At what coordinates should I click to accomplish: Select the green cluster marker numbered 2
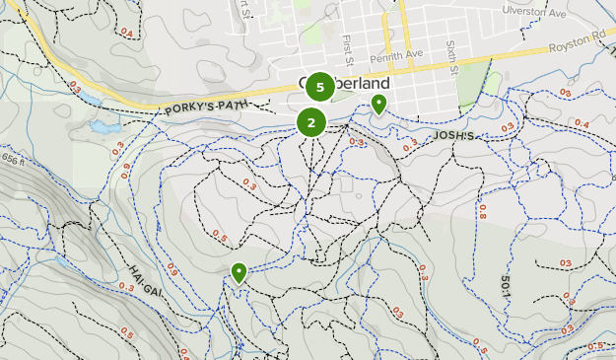[x=311, y=122]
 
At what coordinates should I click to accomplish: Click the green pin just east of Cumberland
[x=378, y=105]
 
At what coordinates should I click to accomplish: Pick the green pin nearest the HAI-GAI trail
[x=239, y=272]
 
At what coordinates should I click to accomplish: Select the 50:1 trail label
[x=505, y=287]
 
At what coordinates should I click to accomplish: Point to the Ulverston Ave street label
[x=536, y=13]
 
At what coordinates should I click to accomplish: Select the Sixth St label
[x=451, y=55]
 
